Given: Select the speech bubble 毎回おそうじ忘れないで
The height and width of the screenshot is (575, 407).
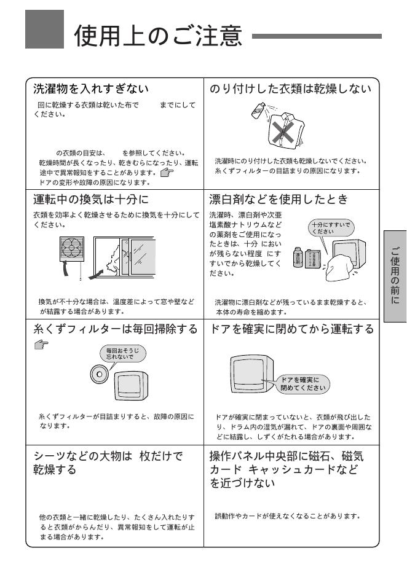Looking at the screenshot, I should point(122,353).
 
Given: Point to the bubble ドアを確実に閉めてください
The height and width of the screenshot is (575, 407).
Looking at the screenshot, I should point(302,384).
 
